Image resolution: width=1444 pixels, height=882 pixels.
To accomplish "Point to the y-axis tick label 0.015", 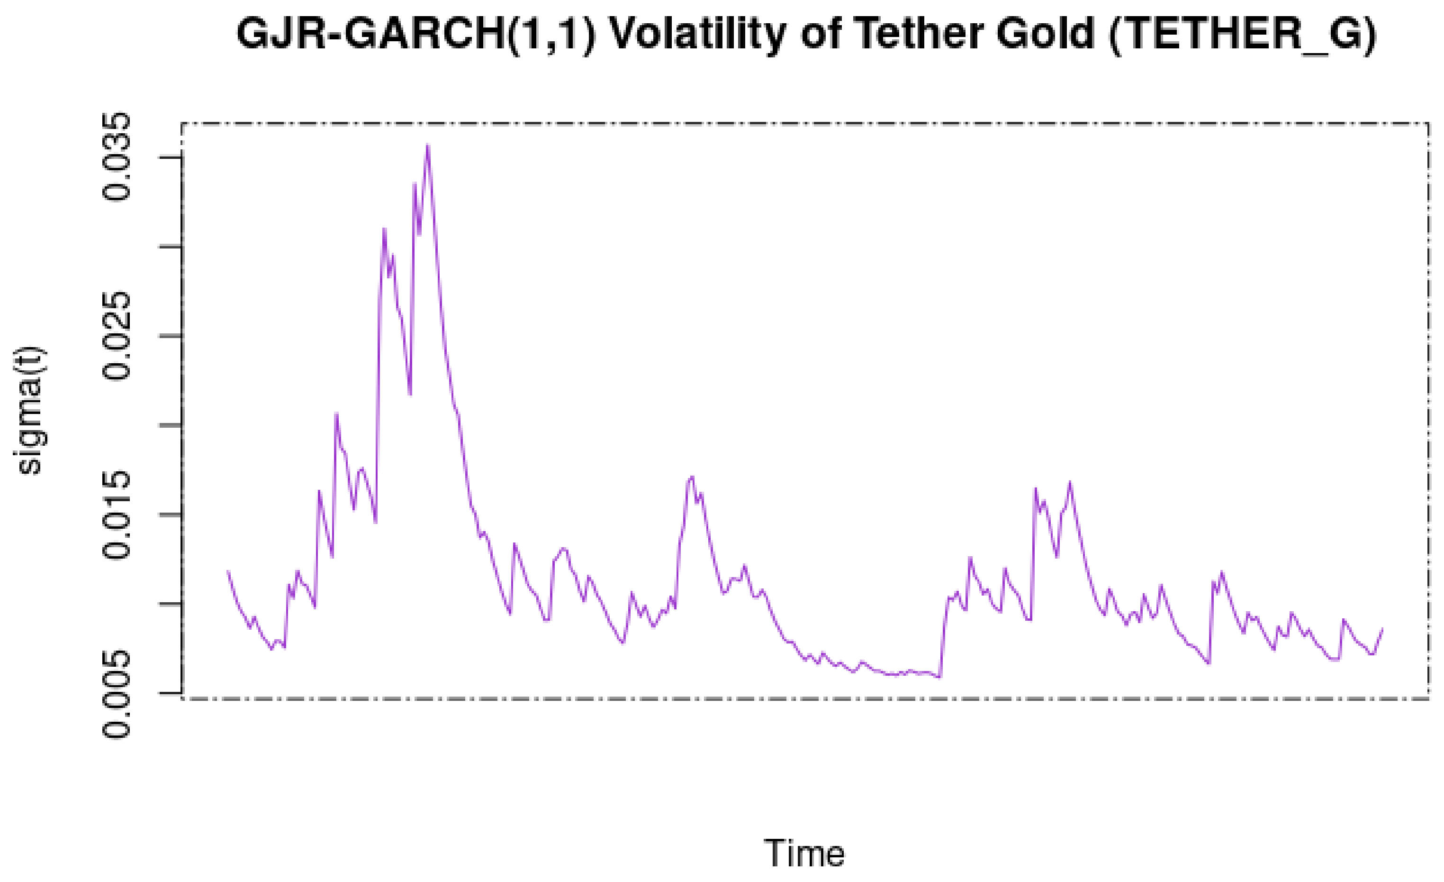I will (116, 514).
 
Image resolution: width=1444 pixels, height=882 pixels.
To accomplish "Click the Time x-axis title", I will (804, 853).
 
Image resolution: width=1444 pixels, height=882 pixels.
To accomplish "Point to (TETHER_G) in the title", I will (1242, 35).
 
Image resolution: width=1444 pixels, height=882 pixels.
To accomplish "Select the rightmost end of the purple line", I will (1382, 629).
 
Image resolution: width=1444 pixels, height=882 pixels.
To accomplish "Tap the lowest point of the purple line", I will (939, 677).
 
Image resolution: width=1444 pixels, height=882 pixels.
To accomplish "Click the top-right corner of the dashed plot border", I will (1428, 124).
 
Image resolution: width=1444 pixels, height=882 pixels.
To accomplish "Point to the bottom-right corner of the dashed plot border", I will (1428, 698).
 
